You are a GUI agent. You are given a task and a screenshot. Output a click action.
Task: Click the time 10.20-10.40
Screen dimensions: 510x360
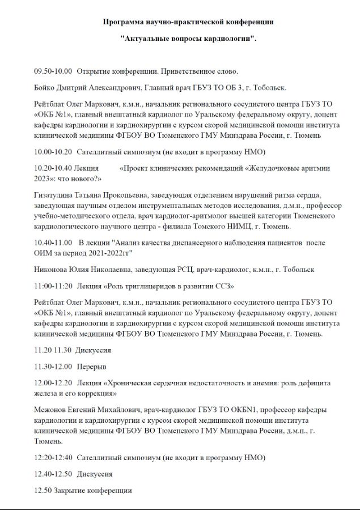53,168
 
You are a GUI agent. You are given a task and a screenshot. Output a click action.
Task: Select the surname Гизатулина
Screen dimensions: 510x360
55,194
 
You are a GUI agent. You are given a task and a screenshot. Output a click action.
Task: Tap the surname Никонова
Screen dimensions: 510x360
51,269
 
